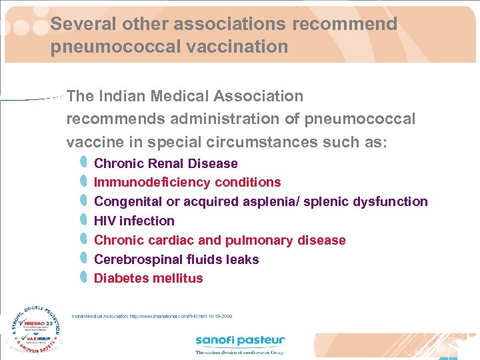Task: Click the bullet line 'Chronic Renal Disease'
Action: tap(165, 163)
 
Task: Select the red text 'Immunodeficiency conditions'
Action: tap(187, 183)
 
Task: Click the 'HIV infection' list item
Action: tap(134, 221)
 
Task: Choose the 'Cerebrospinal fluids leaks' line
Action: tap(176, 259)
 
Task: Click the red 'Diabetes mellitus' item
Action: tap(148, 279)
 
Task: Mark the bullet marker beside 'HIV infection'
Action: tap(83, 220)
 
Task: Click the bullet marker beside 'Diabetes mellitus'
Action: tap(83, 277)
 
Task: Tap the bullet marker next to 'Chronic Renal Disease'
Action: tap(83, 162)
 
